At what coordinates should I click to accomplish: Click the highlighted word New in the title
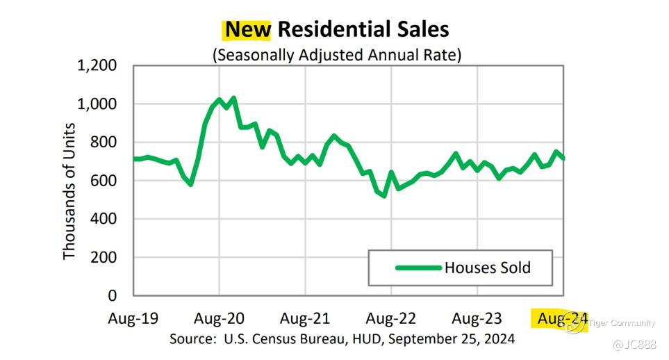pyautogui.click(x=248, y=29)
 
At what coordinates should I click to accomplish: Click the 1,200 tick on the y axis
pyautogui.click(x=97, y=66)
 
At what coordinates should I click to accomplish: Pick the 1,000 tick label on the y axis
pyautogui.click(x=97, y=104)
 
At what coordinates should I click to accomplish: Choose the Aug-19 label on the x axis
pyautogui.click(x=133, y=319)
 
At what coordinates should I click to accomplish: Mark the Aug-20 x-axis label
pyautogui.click(x=220, y=319)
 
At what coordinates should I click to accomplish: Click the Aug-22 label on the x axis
pyautogui.click(x=390, y=319)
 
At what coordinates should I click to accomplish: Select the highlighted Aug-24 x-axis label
pyautogui.click(x=559, y=319)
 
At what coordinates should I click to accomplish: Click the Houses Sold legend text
pyautogui.click(x=488, y=268)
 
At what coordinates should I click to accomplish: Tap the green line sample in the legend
pyautogui.click(x=418, y=268)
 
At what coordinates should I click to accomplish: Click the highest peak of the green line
pyautogui.click(x=233, y=98)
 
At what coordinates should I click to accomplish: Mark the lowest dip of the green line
pyautogui.click(x=384, y=196)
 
